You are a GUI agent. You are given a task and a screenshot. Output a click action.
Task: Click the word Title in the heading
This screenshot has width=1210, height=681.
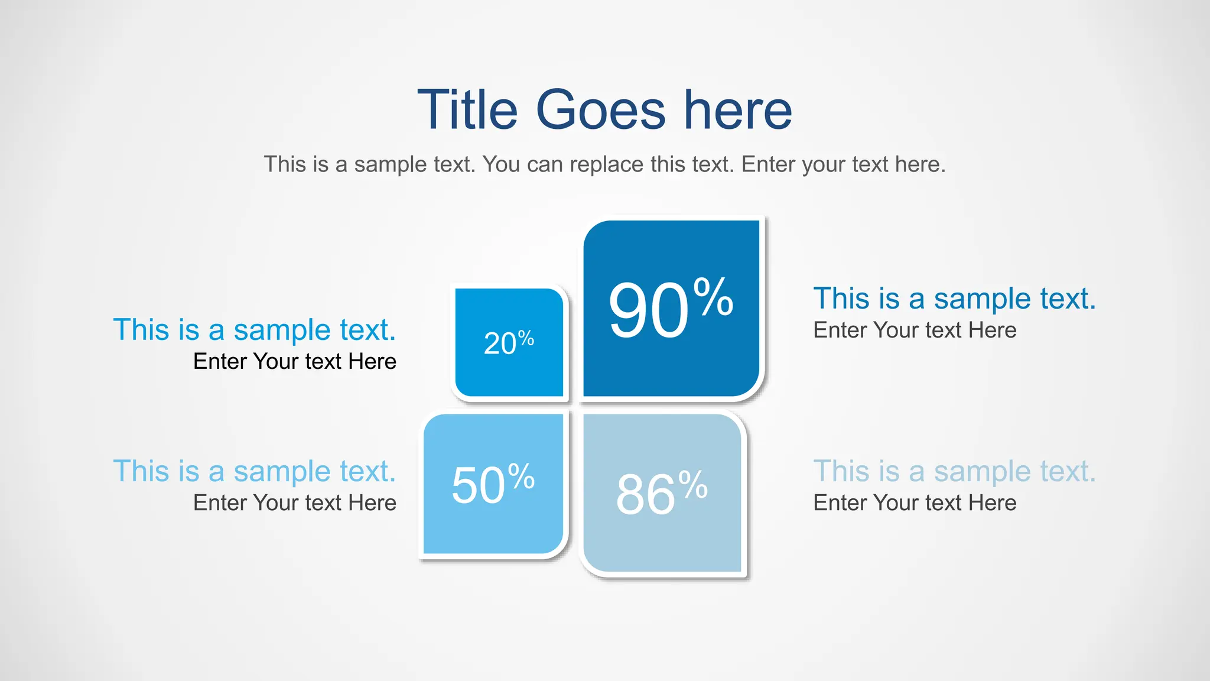pos(467,110)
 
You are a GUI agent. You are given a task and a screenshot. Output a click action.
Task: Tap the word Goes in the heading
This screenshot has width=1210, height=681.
pos(600,110)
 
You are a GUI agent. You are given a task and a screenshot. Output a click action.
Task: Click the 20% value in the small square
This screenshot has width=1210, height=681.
pos(509,343)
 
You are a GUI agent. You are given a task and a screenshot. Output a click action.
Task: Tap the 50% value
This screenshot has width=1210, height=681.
pos(493,485)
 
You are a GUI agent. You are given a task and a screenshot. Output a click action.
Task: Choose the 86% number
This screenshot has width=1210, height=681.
pos(661,493)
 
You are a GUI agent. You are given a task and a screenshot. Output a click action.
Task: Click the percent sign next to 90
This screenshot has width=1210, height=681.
pos(714,296)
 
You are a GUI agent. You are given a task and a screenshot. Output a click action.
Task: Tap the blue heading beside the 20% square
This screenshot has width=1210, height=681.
pos(254,330)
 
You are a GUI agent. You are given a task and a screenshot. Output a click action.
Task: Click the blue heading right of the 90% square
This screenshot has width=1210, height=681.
pos(954,299)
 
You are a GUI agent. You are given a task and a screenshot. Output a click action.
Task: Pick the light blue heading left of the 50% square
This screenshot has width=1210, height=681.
pos(254,472)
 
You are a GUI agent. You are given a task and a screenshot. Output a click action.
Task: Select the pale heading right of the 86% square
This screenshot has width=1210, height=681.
pos(954,472)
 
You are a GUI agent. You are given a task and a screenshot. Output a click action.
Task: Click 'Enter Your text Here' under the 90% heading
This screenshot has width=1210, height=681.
pos(915,330)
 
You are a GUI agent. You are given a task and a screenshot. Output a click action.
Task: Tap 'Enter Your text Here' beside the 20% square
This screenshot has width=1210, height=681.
pos(295,362)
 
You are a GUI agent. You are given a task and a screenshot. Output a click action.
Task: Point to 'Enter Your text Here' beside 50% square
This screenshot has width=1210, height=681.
pos(295,503)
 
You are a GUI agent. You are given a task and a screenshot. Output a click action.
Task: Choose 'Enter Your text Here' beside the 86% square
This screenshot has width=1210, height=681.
pos(915,503)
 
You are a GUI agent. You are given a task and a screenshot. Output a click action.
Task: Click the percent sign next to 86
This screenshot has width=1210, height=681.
pos(693,484)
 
